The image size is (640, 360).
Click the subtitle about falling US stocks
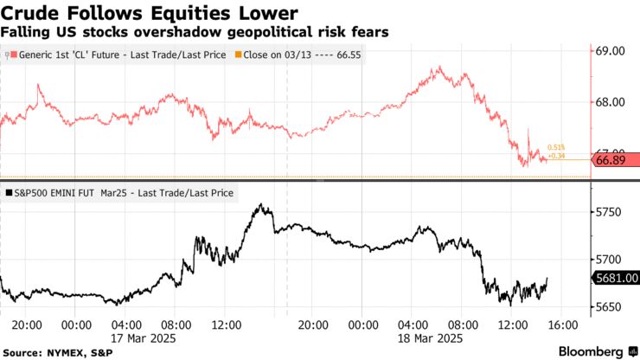point(195,31)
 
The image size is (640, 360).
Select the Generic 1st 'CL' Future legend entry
point(117,55)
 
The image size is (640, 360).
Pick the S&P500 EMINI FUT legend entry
point(121,194)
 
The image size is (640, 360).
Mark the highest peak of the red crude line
point(440,67)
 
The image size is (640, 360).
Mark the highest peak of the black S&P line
point(259,205)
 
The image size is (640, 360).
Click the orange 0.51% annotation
point(556,147)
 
